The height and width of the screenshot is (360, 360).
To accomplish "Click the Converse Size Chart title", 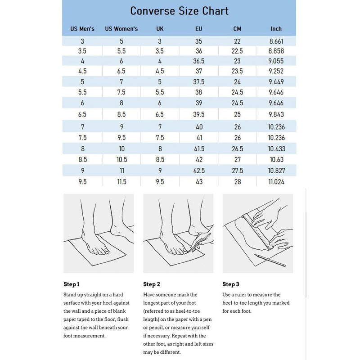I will [180, 11].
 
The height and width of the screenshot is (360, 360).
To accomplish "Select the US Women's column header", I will [121, 29].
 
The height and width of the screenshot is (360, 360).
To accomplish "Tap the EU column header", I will [198, 29].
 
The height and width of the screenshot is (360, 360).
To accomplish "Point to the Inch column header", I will [276, 29].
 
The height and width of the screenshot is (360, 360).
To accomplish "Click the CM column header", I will [237, 29].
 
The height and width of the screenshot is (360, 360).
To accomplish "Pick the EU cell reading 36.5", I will [198, 61].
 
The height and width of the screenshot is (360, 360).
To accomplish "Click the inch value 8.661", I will [276, 41].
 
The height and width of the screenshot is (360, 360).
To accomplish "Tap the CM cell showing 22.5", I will [237, 51].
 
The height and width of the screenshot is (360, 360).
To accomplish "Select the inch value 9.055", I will [276, 61].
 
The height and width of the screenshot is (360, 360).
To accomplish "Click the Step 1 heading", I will [72, 284].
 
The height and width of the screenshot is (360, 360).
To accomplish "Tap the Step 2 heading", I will [152, 284].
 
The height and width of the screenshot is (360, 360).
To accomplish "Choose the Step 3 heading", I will [231, 284].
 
